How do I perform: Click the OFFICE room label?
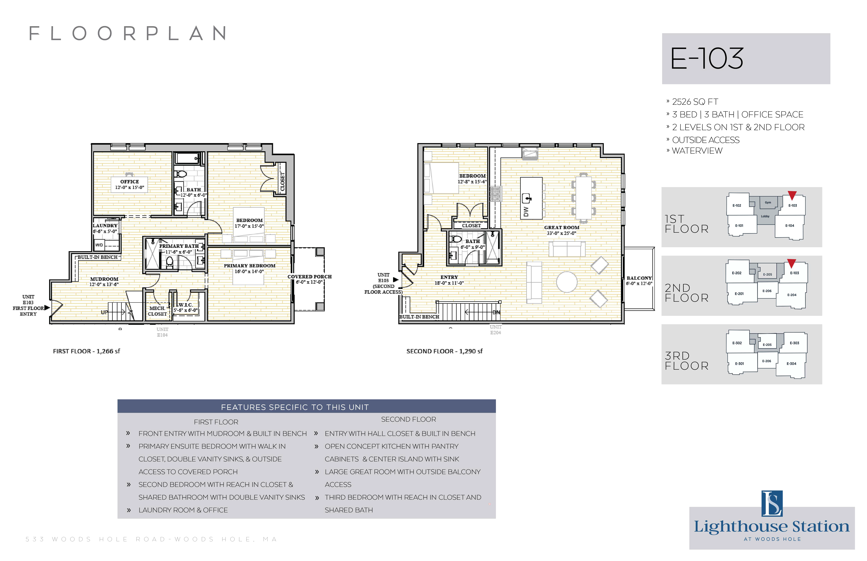point(130,181)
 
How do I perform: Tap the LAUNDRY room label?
point(105,226)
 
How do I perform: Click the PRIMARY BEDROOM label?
point(249,266)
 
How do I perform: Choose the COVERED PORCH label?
point(310,277)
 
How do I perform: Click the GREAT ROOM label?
point(562,227)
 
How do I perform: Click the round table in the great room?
point(567,282)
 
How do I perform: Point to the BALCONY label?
point(639,278)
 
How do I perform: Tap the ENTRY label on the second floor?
point(449,277)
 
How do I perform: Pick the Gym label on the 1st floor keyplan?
point(768,203)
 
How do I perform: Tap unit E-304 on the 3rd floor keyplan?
point(791,364)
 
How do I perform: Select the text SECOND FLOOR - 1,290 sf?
point(444,351)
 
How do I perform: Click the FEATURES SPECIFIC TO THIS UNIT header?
point(295,407)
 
